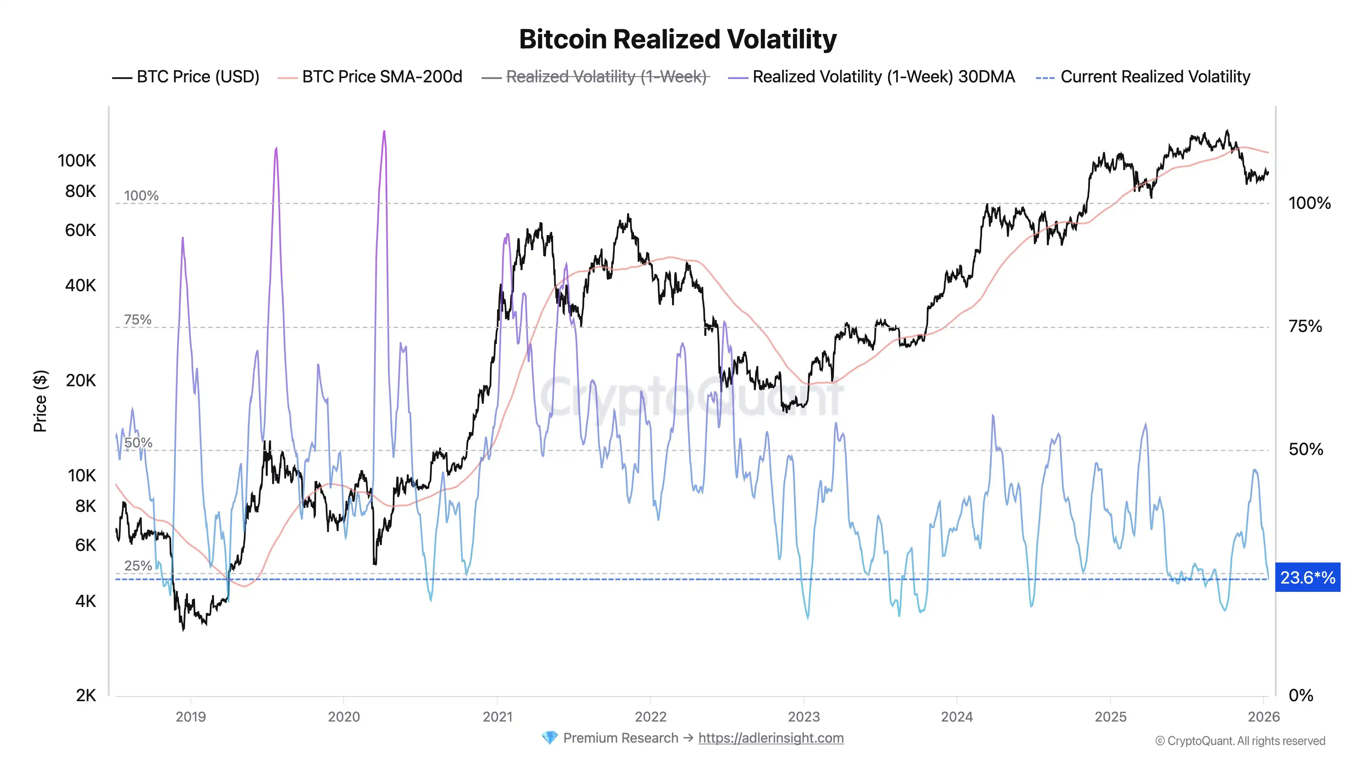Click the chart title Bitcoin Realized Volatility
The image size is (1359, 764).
[x=677, y=39]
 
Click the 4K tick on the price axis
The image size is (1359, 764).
[x=86, y=601]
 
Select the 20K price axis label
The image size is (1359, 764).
[x=81, y=381]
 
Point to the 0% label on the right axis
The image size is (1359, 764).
[x=1301, y=695]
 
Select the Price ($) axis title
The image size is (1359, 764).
[x=40, y=401]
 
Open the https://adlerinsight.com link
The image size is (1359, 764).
[x=771, y=738]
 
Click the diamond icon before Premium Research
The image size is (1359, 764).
[x=549, y=738]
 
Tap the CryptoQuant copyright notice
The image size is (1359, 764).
[x=1240, y=741]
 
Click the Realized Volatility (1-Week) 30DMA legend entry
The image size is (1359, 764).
[x=883, y=77]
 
